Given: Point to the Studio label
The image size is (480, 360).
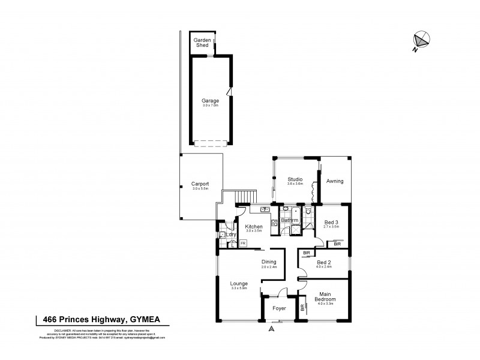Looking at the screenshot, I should point(295,179).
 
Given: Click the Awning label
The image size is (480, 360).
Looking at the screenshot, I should point(334,181).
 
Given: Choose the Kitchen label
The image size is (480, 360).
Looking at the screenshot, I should point(254,226).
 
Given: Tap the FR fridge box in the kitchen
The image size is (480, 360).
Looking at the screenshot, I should point(243,244).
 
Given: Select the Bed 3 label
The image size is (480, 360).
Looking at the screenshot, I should point(331,223).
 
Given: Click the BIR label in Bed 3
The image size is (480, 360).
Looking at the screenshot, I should point(337,244).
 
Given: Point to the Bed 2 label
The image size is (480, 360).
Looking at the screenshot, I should point(323,262).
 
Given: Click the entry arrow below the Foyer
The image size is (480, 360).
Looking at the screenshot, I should point(272,329).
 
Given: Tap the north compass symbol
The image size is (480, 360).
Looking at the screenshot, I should point(421,40).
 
